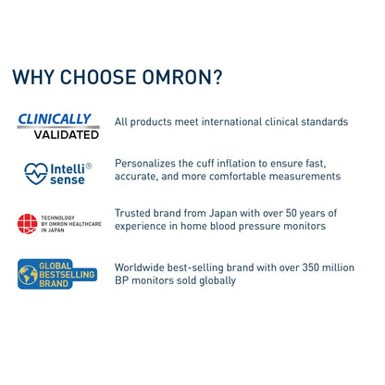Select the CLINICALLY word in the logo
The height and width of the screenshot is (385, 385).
(x=56, y=118)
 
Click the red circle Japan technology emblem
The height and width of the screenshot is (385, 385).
(x=27, y=223)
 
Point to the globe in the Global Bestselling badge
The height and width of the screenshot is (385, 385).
(x=30, y=276)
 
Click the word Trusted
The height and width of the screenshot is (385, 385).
(x=135, y=213)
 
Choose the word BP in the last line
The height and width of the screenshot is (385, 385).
(x=123, y=280)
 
